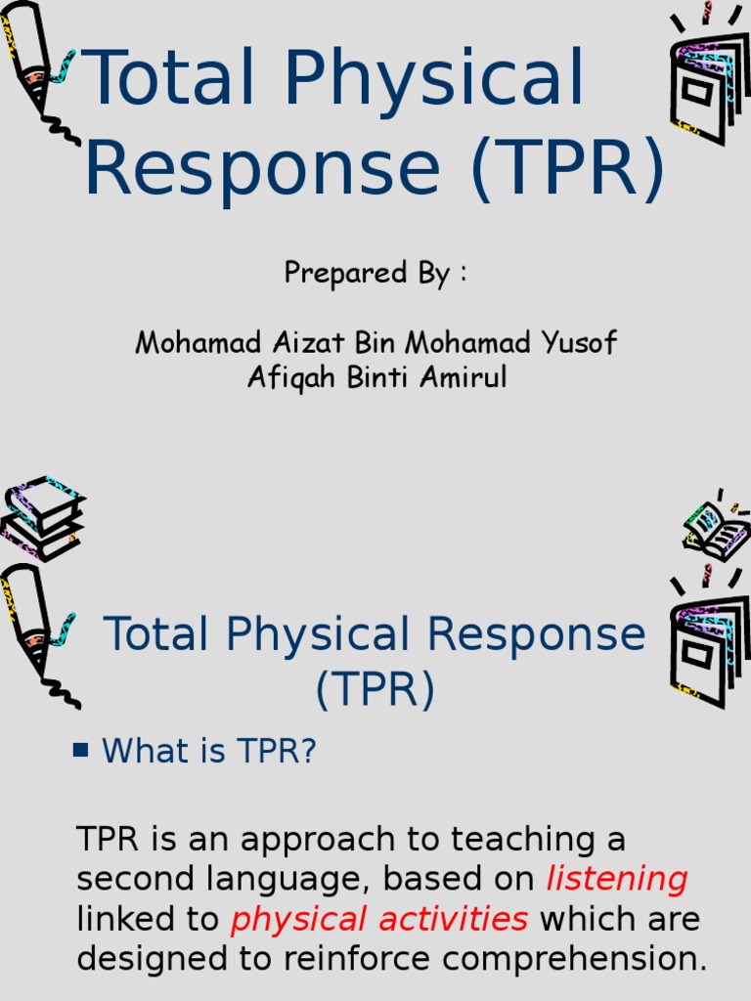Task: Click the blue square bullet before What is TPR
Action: (x=81, y=750)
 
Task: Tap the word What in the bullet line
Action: (x=143, y=751)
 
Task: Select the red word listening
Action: (x=616, y=880)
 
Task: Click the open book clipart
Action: (x=717, y=528)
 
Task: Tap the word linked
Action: (x=121, y=920)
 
